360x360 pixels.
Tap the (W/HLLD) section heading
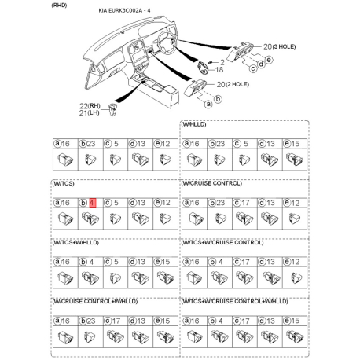(x=196, y=125)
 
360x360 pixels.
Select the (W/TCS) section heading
(x=64, y=183)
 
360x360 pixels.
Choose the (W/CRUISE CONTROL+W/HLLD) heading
(x=93, y=301)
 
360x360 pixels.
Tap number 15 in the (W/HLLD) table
(x=294, y=144)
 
